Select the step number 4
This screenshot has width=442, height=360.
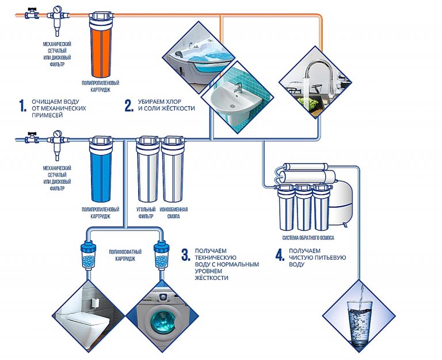[280, 256]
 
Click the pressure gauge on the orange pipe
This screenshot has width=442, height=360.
[56, 10]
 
